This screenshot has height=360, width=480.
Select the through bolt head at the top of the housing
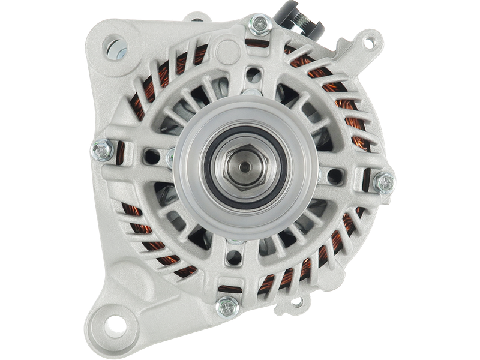click(260, 24)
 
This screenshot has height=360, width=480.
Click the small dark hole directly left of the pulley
click(152, 157)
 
